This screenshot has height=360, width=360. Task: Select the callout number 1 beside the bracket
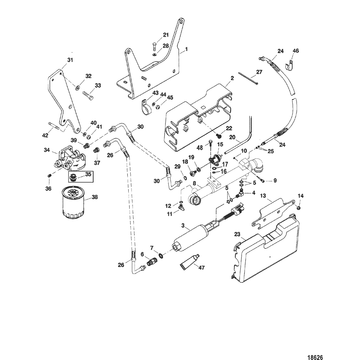pyautogui.click(x=187, y=49)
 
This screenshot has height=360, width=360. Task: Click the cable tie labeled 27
pyautogui.click(x=249, y=79)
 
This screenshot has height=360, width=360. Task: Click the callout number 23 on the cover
pyautogui.click(x=237, y=234)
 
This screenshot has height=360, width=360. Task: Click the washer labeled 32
pyautogui.click(x=77, y=87)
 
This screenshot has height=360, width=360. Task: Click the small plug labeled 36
pyautogui.click(x=49, y=176)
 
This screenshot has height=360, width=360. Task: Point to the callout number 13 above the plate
pyautogui.click(x=263, y=196)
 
